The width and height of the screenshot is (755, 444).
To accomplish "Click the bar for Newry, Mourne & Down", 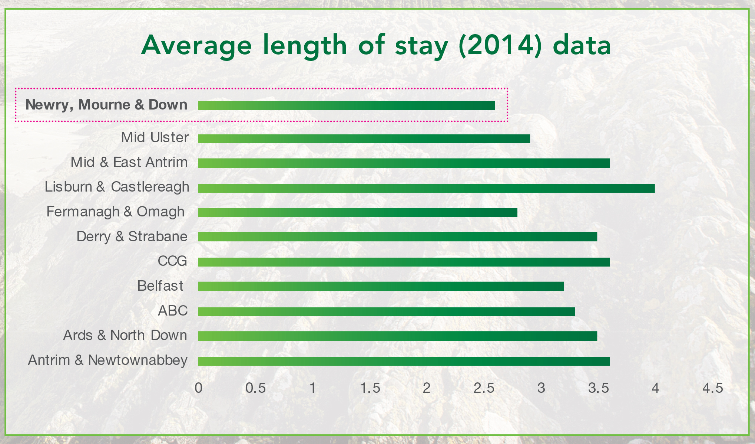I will pyautogui.click(x=346, y=105).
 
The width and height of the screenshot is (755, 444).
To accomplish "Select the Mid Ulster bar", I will pyautogui.click(x=364, y=139).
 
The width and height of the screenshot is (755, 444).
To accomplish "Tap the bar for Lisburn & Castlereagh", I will pyautogui.click(x=426, y=188).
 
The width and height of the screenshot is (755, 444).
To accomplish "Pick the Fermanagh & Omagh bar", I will pyautogui.click(x=357, y=212).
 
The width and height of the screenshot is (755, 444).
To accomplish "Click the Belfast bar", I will pyautogui.click(x=381, y=286).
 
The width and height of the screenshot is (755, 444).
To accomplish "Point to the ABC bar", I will pyautogui.click(x=386, y=311).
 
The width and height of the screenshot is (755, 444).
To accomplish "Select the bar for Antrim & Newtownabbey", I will pyautogui.click(x=404, y=361).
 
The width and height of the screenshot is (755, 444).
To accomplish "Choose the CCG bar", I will pyautogui.click(x=404, y=262).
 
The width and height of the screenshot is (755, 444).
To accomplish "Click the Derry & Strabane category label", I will pyautogui.click(x=132, y=237).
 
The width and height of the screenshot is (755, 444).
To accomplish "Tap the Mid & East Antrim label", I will pyautogui.click(x=129, y=163).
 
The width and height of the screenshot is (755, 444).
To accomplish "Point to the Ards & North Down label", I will pyautogui.click(x=125, y=336).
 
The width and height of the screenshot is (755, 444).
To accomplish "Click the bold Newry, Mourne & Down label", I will pyautogui.click(x=106, y=105).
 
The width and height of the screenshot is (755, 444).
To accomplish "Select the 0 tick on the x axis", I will pyautogui.click(x=199, y=388).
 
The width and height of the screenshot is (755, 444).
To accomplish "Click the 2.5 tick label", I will pyautogui.click(x=484, y=388).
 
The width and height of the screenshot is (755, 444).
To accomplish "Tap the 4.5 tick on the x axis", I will pyautogui.click(x=713, y=388).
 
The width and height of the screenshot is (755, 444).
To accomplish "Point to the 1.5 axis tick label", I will pyautogui.click(x=370, y=388).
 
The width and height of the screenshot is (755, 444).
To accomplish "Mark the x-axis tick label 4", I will pyautogui.click(x=656, y=388).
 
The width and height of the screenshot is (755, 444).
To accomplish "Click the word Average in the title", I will pyautogui.click(x=196, y=45).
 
